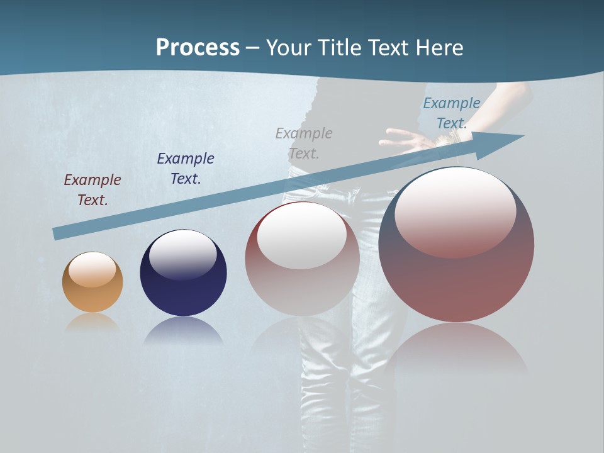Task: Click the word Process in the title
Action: (x=198, y=48)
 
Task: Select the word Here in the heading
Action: (x=438, y=48)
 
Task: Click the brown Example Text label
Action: (x=92, y=189)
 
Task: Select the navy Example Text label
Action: (x=186, y=168)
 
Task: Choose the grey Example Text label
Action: (x=304, y=143)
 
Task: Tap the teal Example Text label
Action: (x=451, y=113)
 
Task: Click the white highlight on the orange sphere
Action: (x=92, y=269)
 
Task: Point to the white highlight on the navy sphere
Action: (x=182, y=253)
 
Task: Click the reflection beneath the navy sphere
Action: (x=183, y=332)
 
